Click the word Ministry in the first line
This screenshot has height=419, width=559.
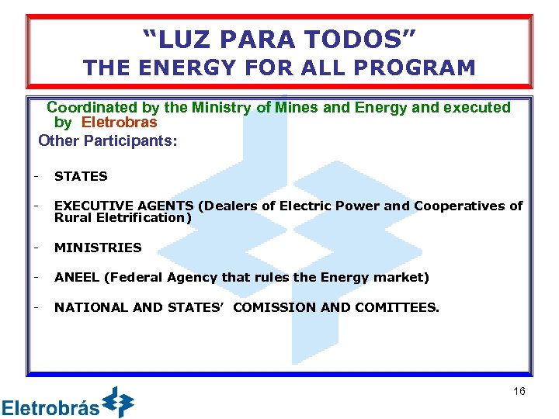pyautogui.click(x=220, y=108)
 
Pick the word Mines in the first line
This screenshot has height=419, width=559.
pyautogui.click(x=295, y=108)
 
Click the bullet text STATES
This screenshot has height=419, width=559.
pyautogui.click(x=81, y=176)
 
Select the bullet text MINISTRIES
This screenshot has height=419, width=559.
pyautogui.click(x=98, y=248)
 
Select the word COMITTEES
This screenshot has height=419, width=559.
pyautogui.click(x=396, y=307)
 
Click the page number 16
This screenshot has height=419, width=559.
pyautogui.click(x=519, y=391)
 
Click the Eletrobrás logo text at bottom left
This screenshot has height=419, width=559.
pyautogui.click(x=50, y=407)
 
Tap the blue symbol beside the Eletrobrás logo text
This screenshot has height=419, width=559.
pyautogui.click(x=118, y=402)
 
